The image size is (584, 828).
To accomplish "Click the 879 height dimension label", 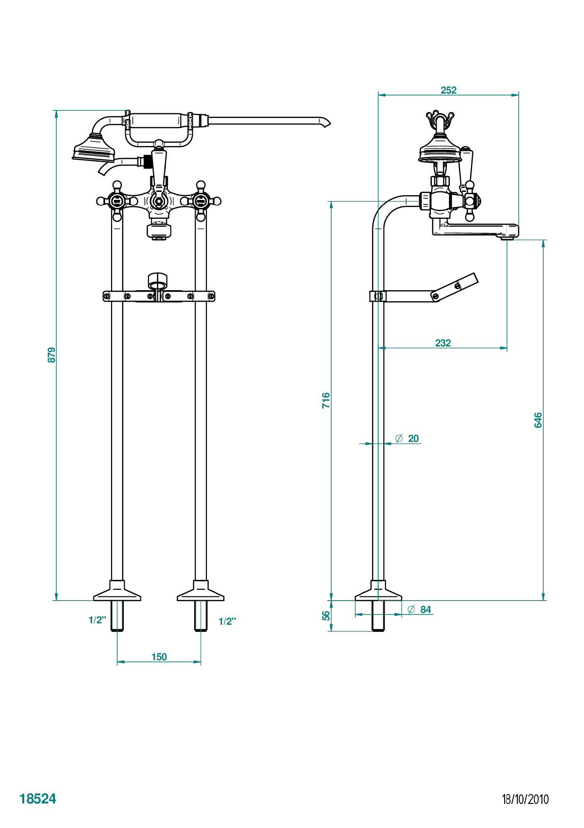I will [x=52, y=355].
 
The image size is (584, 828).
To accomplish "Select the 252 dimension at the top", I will [x=448, y=90].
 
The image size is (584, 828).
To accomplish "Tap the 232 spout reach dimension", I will [x=443, y=343].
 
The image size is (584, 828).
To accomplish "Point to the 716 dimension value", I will [x=326, y=400].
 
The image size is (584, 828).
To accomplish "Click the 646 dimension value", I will [x=538, y=420].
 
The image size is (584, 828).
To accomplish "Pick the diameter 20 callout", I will [x=407, y=439].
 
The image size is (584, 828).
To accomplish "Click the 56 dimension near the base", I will [x=326, y=615].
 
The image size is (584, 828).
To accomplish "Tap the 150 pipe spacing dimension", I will [x=159, y=656].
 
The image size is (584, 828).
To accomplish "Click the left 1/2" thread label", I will [x=97, y=621].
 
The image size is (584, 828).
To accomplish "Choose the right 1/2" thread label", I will [x=227, y=621].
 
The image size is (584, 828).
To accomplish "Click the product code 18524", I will [x=38, y=798].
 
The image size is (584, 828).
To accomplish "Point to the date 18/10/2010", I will [x=525, y=799].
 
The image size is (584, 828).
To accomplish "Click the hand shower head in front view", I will [x=94, y=148].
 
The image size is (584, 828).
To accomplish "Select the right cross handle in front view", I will [x=201, y=201].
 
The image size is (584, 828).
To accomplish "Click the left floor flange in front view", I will [x=117, y=593].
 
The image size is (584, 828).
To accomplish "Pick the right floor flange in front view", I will [x=201, y=593].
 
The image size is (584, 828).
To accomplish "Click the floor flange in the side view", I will [x=378, y=593].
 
